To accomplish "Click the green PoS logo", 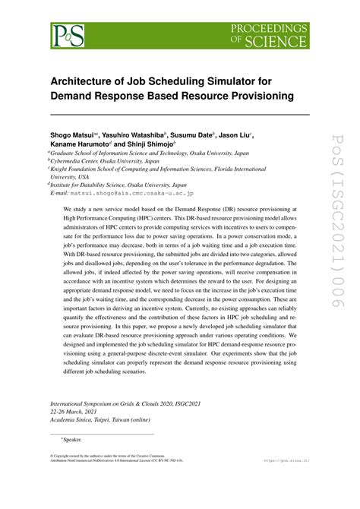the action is pyautogui.click(x=68, y=35).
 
